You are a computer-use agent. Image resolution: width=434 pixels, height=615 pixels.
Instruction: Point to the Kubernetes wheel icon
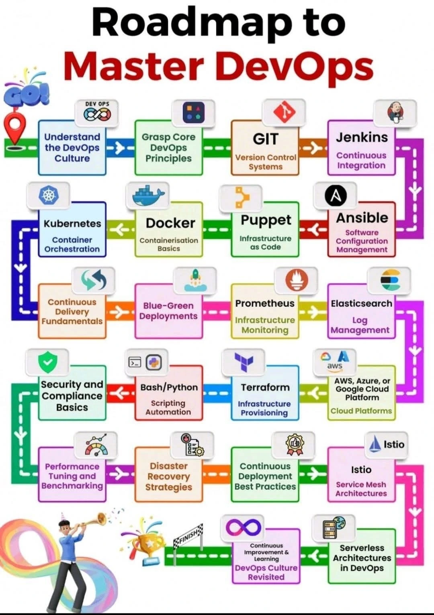pos(48,195)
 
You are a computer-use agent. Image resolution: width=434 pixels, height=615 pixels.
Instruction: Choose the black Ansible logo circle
pos(335,195)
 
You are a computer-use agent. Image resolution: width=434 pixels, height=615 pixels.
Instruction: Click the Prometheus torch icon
pos(297,280)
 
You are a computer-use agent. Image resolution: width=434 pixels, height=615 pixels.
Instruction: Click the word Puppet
pos(266,220)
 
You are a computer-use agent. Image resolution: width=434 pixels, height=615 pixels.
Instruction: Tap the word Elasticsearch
pos(361,303)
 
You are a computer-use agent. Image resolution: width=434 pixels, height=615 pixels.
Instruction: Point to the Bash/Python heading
pos(169,387)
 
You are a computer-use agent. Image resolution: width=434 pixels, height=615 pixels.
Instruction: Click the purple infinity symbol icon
pos(244,527)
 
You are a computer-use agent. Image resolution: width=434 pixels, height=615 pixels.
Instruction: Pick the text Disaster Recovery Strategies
pos(169,476)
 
